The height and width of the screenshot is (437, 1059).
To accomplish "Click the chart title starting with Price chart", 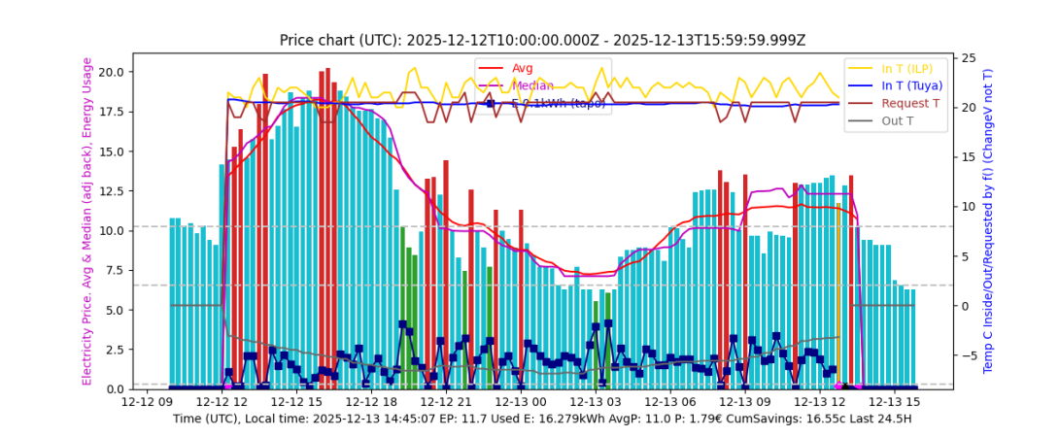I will [x=542, y=40].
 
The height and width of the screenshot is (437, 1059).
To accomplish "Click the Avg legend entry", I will [x=523, y=68].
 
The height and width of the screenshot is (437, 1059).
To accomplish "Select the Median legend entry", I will [x=532, y=85].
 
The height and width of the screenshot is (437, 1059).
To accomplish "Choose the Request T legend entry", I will [x=910, y=103].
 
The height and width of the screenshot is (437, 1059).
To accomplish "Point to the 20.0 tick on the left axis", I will [x=110, y=72].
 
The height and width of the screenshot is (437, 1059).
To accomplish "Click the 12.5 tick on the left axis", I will [x=110, y=191].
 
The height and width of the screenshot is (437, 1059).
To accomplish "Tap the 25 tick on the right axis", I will [x=969, y=59].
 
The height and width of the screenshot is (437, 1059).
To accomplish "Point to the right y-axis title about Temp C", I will [x=988, y=221].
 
